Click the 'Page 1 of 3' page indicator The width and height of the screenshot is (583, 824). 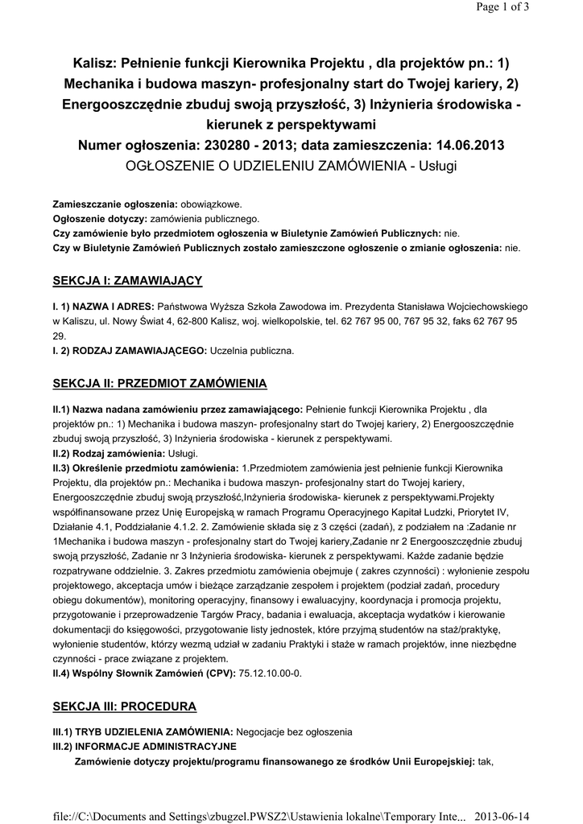[544, 8]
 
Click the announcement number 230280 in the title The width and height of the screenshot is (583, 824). [242, 146]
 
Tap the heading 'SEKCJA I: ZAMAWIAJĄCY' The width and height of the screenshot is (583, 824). [127, 280]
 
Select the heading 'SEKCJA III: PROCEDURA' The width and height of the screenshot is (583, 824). [124, 706]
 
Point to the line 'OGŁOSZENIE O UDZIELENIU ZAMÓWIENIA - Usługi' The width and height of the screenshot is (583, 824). [291, 166]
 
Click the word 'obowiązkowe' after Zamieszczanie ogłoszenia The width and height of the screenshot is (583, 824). [209, 204]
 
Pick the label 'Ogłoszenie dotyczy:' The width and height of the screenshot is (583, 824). [98, 218]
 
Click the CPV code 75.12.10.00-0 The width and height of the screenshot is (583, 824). [271, 672]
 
